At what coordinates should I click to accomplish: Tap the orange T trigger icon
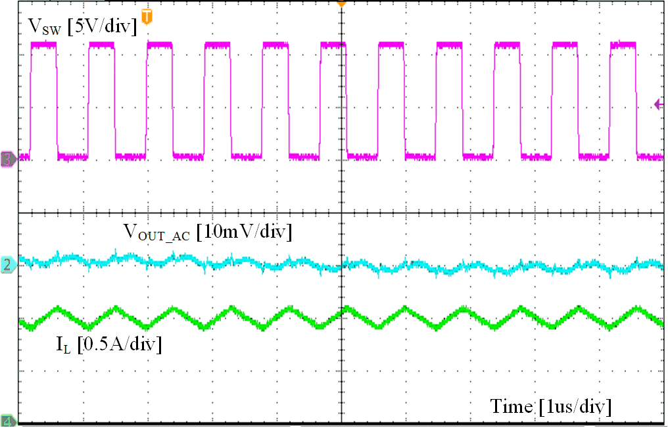click(147, 15)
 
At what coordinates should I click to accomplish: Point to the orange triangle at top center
click(341, 3)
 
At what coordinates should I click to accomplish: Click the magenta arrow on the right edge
click(659, 103)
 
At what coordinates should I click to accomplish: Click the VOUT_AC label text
click(156, 232)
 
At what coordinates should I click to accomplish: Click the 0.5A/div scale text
click(119, 344)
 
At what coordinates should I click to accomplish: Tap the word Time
click(511, 406)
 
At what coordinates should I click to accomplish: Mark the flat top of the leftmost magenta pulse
click(43, 45)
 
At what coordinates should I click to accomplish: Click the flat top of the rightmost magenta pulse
click(623, 45)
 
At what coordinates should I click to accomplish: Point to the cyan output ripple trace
click(394, 266)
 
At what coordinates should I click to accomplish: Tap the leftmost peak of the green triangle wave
click(59, 308)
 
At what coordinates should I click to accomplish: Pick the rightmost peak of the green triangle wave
click(636, 308)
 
